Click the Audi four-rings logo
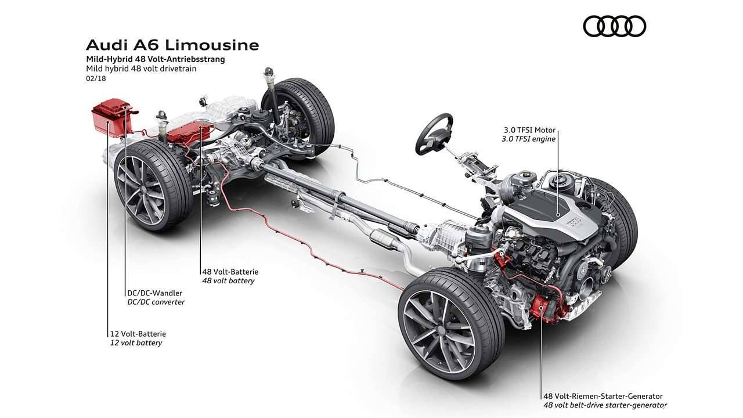[x=614, y=26]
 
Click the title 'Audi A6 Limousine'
[x=172, y=45]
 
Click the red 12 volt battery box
[x=111, y=118]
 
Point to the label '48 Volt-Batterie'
[x=230, y=271]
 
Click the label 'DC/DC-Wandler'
[x=154, y=293]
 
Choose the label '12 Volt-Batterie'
[x=138, y=333]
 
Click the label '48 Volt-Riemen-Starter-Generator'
[x=603, y=396]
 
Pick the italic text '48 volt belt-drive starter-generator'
[x=604, y=405]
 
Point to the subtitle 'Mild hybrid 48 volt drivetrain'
[x=141, y=68]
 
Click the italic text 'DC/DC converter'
[x=156, y=302]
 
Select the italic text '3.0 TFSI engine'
[x=528, y=139]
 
